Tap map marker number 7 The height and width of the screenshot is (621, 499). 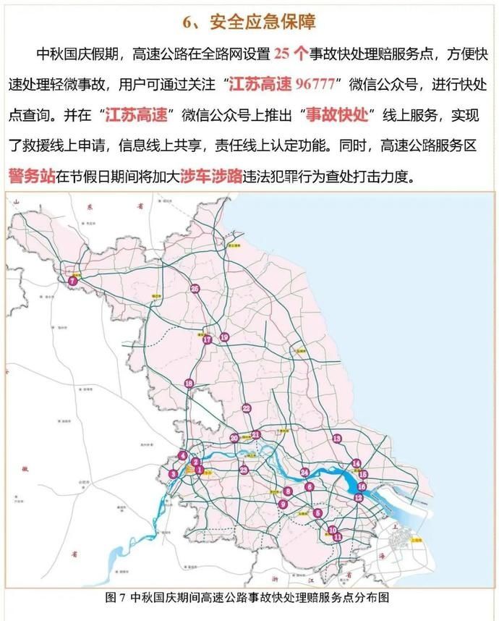(x=72, y=281)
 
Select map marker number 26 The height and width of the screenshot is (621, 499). (x=195, y=289)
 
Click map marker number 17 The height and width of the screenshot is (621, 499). (x=208, y=339)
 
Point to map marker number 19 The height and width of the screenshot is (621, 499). (x=224, y=337)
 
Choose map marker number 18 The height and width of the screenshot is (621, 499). (x=189, y=383)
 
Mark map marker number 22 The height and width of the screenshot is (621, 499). (x=247, y=407)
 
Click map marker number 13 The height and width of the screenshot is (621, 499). (x=336, y=439)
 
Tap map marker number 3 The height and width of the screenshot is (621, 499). (x=173, y=474)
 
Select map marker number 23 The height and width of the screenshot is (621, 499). (x=244, y=470)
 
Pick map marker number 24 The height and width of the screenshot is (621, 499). (x=305, y=473)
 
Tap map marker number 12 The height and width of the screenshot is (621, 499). (x=358, y=498)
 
